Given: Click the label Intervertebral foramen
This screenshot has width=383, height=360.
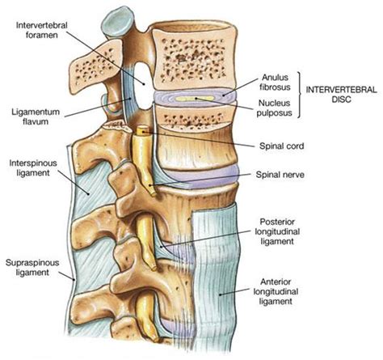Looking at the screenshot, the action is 42,30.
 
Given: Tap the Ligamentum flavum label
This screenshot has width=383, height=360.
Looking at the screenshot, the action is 32,116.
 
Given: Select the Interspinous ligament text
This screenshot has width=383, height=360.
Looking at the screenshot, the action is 33,167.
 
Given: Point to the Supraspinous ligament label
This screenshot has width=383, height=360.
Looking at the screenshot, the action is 32,267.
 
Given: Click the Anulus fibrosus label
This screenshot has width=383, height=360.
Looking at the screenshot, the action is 276,83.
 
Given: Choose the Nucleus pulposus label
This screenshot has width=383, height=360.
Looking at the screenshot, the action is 274,108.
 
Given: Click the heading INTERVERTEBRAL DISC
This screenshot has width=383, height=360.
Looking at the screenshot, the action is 341,95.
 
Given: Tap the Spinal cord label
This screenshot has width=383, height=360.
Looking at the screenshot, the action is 281,146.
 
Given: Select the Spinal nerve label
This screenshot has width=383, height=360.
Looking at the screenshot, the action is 280,175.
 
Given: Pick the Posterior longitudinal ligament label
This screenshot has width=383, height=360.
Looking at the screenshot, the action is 277,231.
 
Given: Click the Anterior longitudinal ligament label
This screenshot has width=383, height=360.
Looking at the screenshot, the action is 276,291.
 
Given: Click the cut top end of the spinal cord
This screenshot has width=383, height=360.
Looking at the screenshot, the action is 143,130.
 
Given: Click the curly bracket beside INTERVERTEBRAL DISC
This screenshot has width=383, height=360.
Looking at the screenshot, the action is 299,95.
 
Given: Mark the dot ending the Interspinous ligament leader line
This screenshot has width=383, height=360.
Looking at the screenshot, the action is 88,193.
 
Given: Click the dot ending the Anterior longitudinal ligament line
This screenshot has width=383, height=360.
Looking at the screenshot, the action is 220,294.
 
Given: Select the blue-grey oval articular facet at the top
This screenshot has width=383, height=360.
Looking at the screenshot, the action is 118,22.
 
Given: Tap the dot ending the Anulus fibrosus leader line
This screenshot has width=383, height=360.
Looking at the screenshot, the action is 223,95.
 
